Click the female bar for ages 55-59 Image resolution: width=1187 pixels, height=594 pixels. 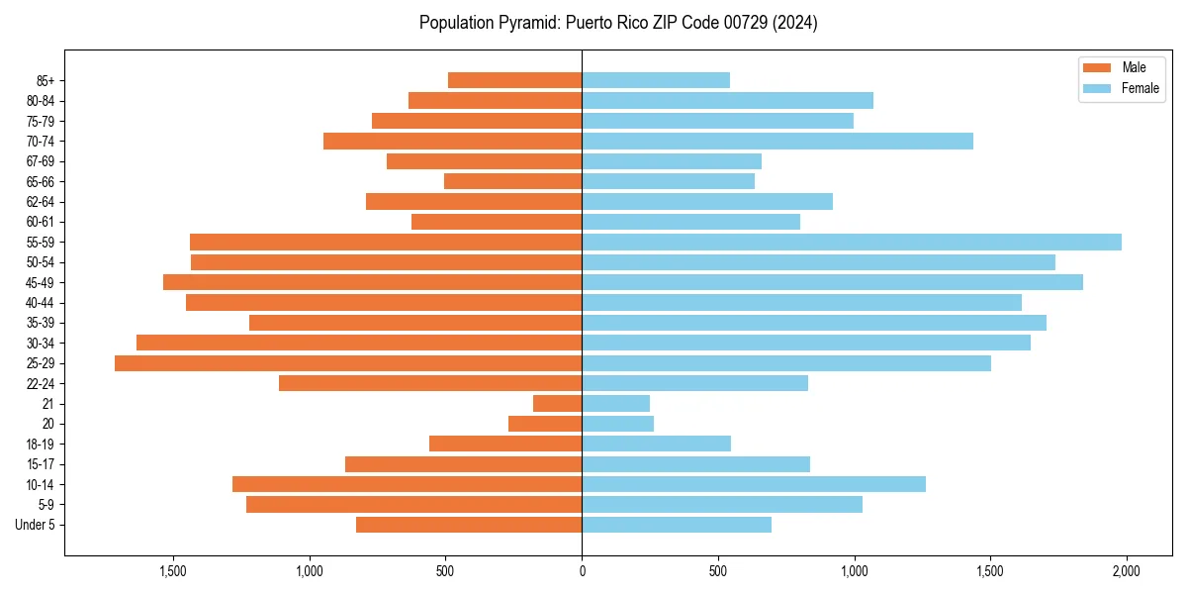click(x=851, y=242)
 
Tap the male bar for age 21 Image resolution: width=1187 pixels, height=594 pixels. click(x=557, y=403)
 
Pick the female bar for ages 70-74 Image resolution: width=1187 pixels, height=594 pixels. click(x=777, y=141)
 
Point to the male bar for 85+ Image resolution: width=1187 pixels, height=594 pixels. click(x=514, y=80)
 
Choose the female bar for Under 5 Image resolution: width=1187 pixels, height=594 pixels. click(x=677, y=525)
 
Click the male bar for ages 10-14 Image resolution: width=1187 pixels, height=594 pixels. click(x=407, y=484)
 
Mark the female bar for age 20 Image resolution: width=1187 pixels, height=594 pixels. click(x=617, y=424)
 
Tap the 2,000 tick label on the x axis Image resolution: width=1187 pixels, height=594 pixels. click(x=1127, y=571)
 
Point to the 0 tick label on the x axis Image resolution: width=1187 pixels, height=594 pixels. click(x=582, y=571)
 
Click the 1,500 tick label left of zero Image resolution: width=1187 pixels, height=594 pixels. click(x=173, y=571)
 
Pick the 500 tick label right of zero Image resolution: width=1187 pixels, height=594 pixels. click(x=718, y=571)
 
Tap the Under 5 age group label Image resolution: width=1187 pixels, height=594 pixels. click(x=36, y=525)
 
